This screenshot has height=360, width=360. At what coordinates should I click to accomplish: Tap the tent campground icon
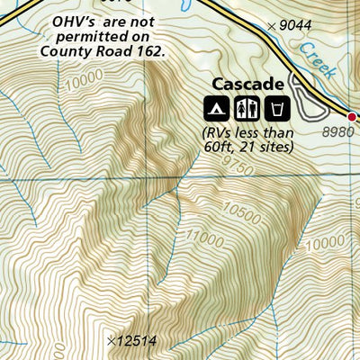click(218, 109)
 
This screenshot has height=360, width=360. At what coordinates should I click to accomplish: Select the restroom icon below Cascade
click(247, 109)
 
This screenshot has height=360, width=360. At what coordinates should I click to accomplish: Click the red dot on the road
click(354, 115)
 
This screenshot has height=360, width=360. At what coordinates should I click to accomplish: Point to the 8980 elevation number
click(340, 131)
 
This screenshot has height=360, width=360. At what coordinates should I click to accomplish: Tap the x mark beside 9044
click(272, 27)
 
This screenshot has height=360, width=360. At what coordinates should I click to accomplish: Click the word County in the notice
click(64, 51)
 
